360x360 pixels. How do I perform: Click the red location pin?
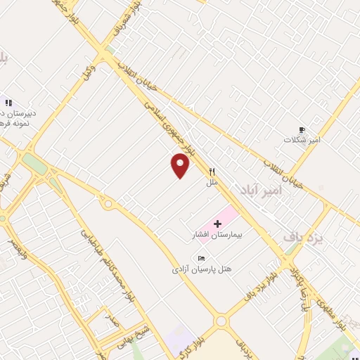(x=181, y=165)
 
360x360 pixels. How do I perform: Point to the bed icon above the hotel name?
(x=202, y=257)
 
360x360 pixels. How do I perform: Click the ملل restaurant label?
(x=212, y=183)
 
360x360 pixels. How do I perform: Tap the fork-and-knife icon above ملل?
(x=212, y=171)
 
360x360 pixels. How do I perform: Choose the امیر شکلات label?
(x=302, y=140)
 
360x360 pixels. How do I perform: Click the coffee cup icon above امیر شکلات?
(x=302, y=129)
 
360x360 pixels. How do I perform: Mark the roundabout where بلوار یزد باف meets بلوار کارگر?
(x=221, y=321)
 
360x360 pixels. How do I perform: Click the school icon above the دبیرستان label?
(x=9, y=103)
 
